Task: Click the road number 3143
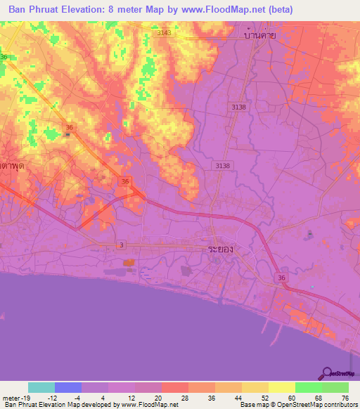164,33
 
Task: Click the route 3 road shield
122,245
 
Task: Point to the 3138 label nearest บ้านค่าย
238,105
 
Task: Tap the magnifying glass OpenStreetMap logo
328,373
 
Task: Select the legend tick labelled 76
345,397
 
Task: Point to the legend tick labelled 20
157,397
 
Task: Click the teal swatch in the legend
41,387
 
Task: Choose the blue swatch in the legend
68,387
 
